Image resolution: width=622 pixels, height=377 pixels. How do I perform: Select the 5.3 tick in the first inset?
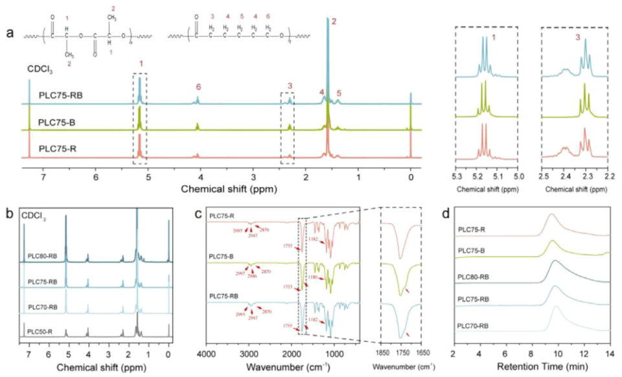coord(456,175)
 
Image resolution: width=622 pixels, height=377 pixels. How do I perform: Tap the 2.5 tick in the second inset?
coord(543,175)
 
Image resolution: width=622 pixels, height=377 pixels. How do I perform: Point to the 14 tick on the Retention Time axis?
coord(609,355)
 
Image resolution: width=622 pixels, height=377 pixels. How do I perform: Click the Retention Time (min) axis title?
coord(531,367)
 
